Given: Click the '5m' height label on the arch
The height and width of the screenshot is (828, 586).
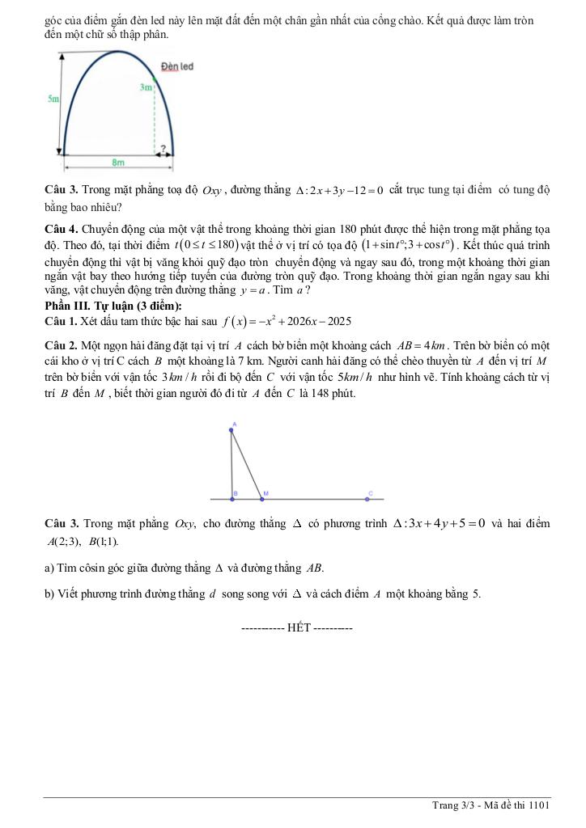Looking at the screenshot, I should tap(53, 99).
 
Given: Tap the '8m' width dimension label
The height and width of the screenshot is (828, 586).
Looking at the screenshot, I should tap(118, 162).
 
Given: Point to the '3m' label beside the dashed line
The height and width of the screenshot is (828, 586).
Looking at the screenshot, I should tap(145, 87).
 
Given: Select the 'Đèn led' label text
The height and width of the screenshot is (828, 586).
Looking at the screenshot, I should tap(177, 66).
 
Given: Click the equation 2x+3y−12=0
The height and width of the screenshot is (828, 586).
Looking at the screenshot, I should tap(340, 190).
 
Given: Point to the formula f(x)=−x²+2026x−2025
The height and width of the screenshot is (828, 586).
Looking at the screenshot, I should tap(286, 321).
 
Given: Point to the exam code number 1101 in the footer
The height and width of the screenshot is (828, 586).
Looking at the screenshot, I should tap(539, 805).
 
